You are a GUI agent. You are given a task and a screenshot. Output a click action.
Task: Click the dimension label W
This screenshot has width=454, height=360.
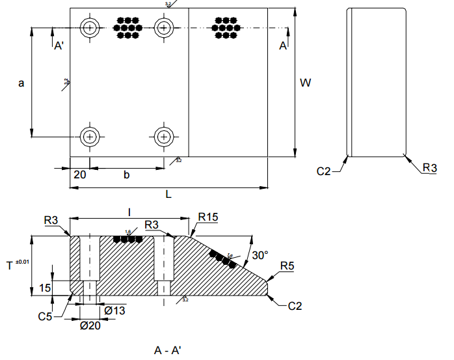(304, 83)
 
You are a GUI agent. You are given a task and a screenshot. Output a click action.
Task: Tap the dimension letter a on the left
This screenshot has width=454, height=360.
(21, 83)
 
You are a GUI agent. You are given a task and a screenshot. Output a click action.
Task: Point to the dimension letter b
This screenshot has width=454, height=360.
(127, 174)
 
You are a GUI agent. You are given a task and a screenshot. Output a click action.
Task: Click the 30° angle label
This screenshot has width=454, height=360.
(260, 256)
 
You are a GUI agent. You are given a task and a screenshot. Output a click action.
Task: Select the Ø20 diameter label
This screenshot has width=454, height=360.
(90, 325)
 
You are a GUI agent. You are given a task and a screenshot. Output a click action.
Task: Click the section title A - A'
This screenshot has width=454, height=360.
(168, 350)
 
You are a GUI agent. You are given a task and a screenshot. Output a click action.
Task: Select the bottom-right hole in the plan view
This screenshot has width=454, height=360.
(164, 137)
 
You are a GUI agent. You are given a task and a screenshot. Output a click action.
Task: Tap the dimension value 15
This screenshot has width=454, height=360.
(45, 287)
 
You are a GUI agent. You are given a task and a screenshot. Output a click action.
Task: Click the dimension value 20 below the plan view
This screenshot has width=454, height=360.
(79, 174)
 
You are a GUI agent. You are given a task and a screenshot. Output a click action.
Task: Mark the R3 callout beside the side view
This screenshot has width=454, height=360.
(429, 168)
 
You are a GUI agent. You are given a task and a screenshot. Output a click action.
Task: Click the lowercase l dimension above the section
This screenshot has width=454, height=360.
(129, 212)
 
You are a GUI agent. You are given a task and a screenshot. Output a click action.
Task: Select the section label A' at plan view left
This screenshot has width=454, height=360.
(59, 46)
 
